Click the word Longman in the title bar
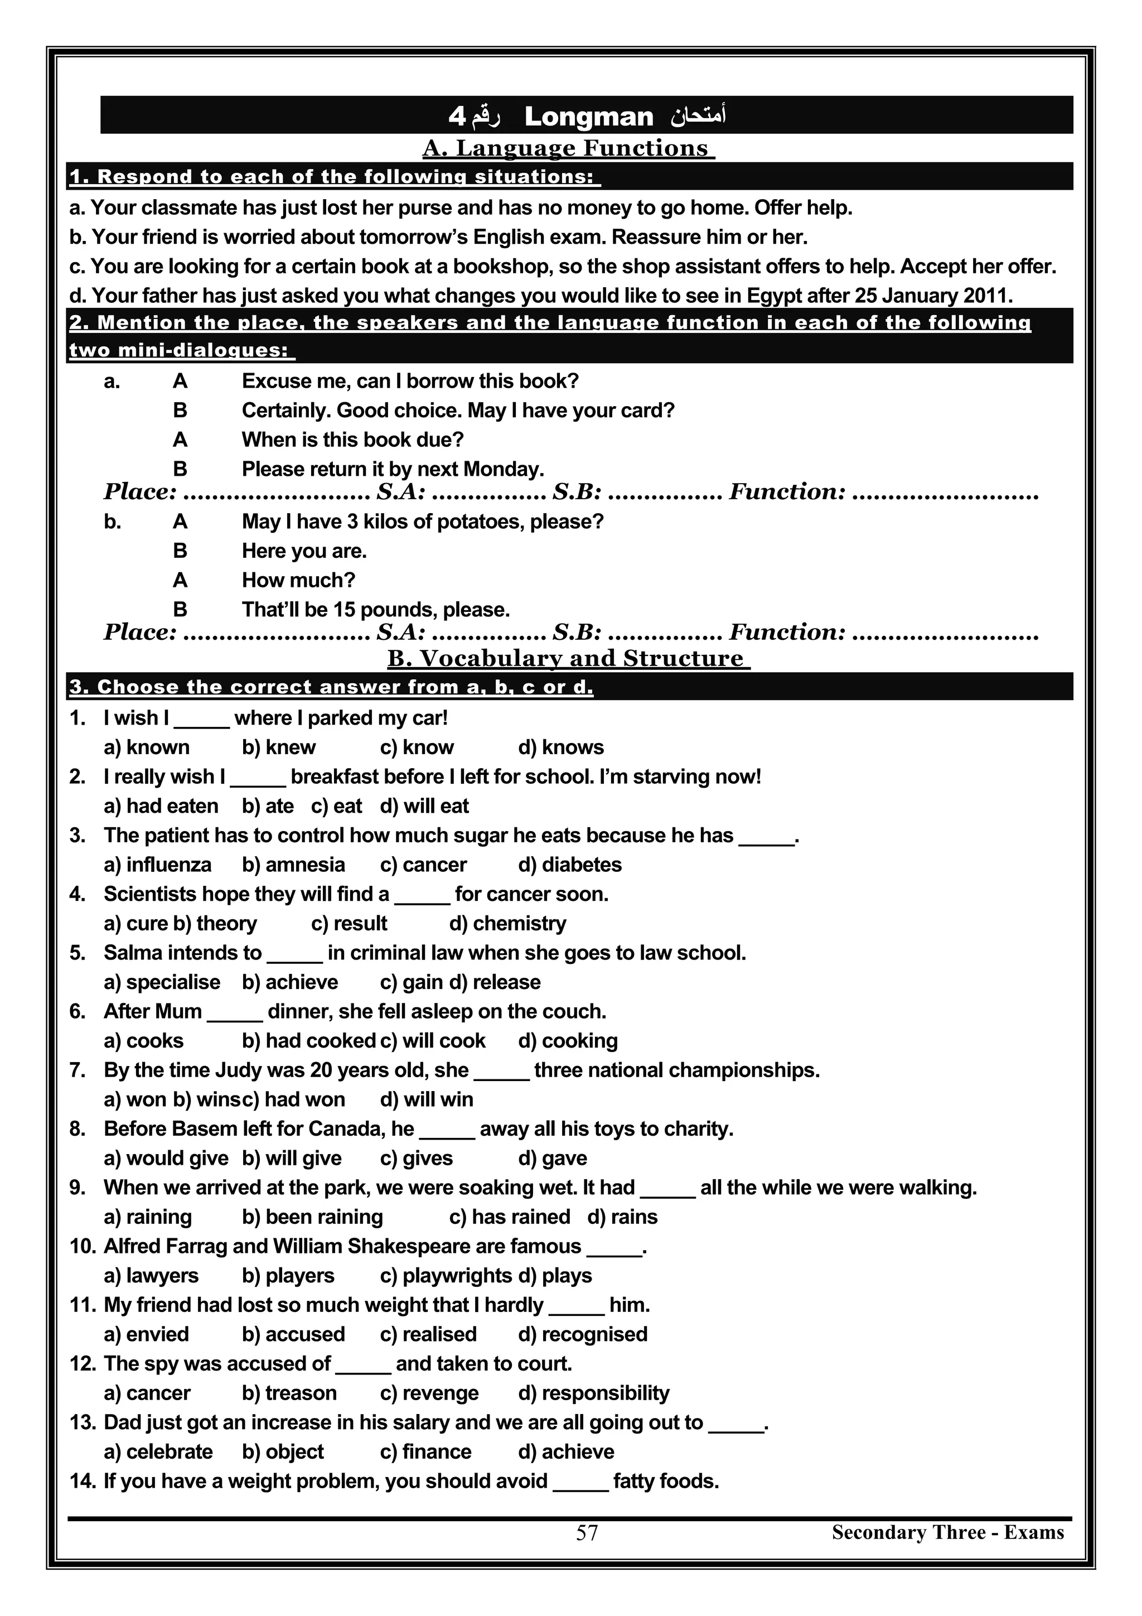click(x=588, y=117)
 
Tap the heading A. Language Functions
click(x=569, y=148)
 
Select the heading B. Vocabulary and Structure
click(x=569, y=658)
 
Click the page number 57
click(x=587, y=1533)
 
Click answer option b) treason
click(x=289, y=1393)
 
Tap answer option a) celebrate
click(x=158, y=1451)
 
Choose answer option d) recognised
click(x=583, y=1334)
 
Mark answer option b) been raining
click(x=312, y=1217)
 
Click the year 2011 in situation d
click(x=986, y=296)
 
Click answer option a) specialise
click(x=162, y=982)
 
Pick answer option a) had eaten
click(x=161, y=806)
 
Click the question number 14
click(x=83, y=1481)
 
